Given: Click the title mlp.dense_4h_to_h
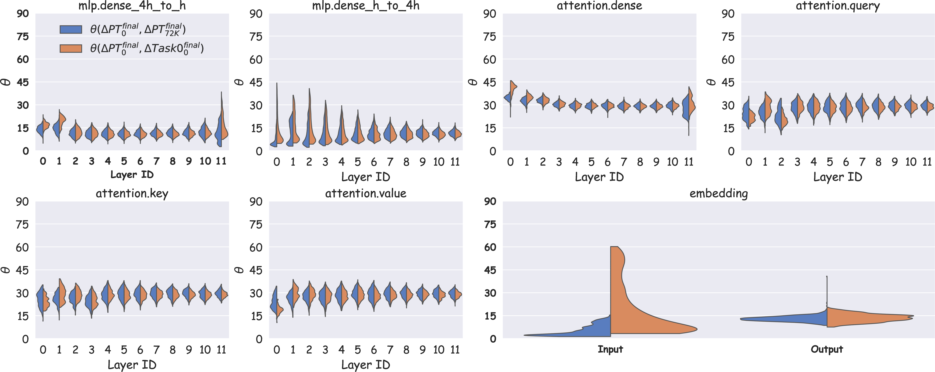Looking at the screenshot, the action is click(x=132, y=6).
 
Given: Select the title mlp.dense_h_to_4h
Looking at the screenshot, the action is click(x=366, y=6).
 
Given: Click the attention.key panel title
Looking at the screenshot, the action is click(x=132, y=194).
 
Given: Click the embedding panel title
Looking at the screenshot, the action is click(x=719, y=194).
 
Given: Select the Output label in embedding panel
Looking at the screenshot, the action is click(x=827, y=349).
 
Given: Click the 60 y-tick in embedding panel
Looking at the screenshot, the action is click(x=490, y=247).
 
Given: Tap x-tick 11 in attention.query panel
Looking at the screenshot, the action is click(x=927, y=162).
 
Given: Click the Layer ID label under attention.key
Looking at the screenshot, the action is click(x=132, y=365).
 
